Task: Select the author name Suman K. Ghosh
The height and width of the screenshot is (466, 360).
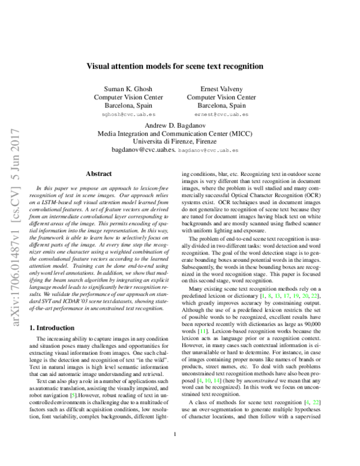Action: [122, 88]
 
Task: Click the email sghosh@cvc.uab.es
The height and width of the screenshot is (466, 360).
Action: [122, 113]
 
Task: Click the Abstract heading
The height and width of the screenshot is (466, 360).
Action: [99, 173]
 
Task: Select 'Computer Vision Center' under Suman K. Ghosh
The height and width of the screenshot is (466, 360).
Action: [122, 97]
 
